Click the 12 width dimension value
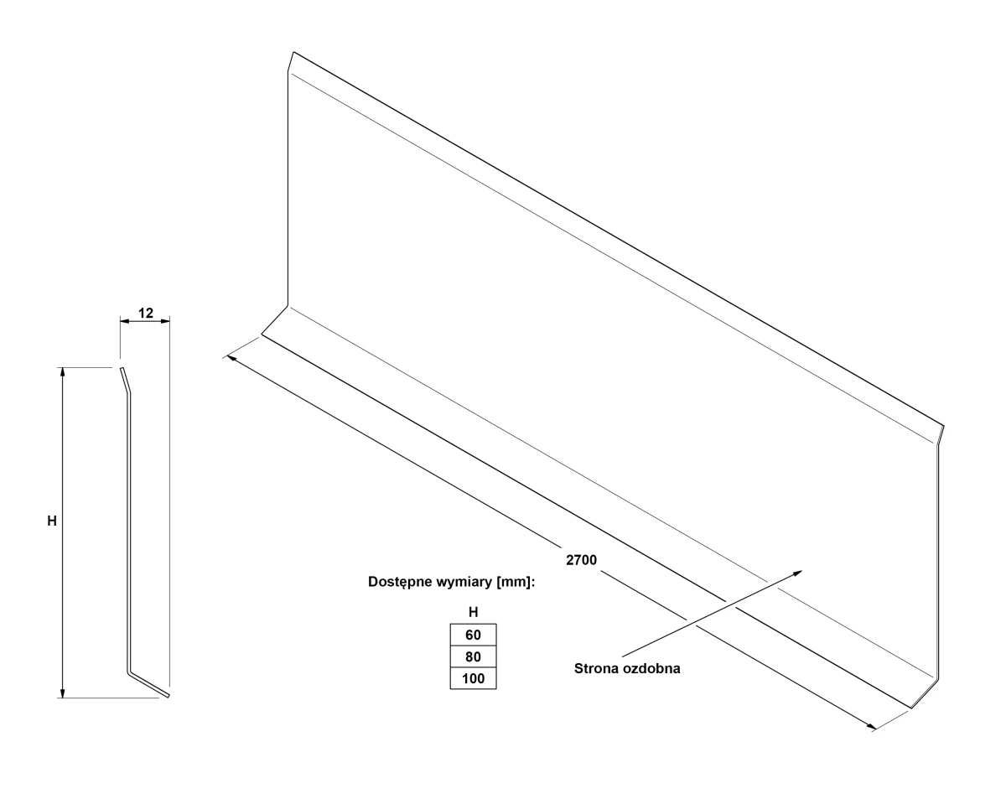146,313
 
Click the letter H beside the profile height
52,521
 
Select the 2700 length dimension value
581,560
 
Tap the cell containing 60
473,635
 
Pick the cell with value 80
473,656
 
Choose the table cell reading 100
473,678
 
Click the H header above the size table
473,612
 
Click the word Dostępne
400,583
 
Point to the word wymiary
464,583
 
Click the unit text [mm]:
516,583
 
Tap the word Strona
597,668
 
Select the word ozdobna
651,668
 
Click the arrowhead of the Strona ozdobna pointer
797,573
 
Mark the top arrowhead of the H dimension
63,371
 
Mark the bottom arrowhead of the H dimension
63,693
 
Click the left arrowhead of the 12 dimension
124,320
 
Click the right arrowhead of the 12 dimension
165,320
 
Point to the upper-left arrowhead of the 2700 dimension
231,359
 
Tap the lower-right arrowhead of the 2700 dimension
871,727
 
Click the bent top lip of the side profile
125,380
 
